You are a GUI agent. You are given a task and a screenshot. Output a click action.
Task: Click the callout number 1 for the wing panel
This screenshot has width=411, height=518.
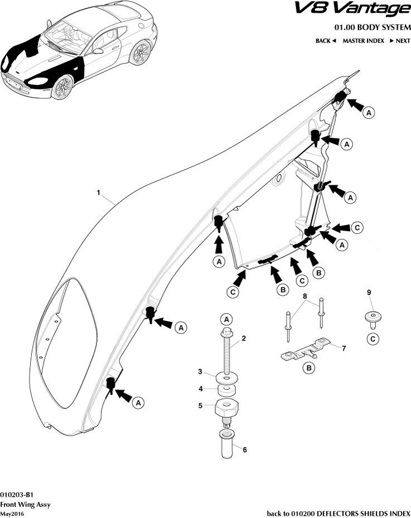point(98,193)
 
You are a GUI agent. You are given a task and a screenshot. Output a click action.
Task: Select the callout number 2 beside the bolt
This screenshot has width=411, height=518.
point(244,339)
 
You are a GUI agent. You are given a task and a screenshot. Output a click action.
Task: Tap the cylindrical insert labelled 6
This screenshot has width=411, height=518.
point(227,444)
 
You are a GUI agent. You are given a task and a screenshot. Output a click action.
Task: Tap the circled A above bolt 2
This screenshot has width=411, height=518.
point(226,319)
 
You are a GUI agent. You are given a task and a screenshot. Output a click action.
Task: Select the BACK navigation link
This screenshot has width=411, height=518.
point(325,41)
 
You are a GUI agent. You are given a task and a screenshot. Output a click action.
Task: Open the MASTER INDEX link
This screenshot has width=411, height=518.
point(363,41)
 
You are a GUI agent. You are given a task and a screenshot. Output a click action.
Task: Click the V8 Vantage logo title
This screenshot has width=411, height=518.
point(366,10)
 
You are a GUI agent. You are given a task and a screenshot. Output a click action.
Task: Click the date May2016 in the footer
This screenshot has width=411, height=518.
point(12,514)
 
